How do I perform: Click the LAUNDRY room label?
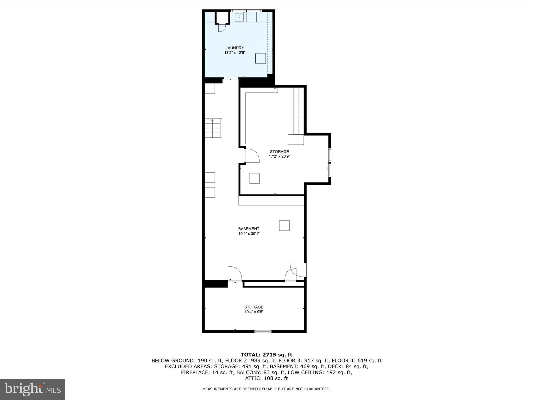(x=234, y=48)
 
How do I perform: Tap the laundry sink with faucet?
(x=239, y=17)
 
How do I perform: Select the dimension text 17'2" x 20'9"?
(x=279, y=157)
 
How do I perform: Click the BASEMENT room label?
(x=249, y=229)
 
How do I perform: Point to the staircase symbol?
(x=213, y=128)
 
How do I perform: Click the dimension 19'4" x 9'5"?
(x=254, y=312)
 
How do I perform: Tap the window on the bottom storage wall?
(x=263, y=332)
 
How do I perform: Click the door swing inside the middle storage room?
(x=252, y=155)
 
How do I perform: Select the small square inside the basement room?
(x=284, y=226)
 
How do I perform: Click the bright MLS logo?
(x=33, y=389)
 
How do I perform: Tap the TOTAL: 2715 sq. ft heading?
(x=266, y=355)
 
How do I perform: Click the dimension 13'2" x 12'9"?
(x=234, y=53)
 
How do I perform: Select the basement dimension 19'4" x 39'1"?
(x=249, y=234)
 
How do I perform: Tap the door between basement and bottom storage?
(x=234, y=274)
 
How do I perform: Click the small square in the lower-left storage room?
(x=255, y=178)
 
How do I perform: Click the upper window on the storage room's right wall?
(x=329, y=155)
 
